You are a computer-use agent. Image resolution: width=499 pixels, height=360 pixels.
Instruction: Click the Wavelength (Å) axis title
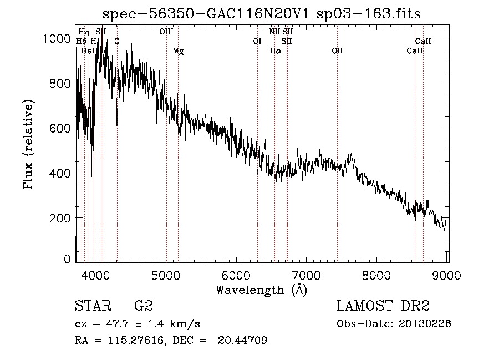click(261, 290)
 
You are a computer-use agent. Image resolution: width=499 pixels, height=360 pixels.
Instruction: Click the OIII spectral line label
click(166, 32)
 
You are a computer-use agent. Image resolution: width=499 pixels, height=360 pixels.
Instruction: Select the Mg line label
click(178, 50)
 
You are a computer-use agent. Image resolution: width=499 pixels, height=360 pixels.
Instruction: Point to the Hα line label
click(276, 50)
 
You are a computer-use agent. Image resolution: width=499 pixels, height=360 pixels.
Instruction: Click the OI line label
click(257, 41)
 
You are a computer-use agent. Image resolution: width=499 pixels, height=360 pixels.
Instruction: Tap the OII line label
click(337, 50)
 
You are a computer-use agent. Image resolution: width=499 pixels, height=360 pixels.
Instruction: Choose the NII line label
click(274, 32)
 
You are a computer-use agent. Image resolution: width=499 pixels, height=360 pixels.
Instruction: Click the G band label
click(117, 41)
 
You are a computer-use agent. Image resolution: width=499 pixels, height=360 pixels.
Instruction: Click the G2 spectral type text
click(143, 306)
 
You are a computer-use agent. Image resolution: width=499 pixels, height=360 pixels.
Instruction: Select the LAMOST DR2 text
click(383, 306)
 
